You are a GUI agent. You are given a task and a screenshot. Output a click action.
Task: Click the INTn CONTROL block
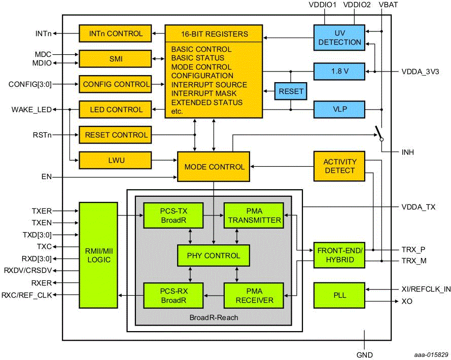coord(115,33)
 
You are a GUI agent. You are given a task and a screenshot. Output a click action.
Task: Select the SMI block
coord(115,59)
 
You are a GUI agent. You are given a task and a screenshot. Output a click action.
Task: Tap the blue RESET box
coord(291,92)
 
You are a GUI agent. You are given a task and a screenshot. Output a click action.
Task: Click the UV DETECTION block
coord(339,38)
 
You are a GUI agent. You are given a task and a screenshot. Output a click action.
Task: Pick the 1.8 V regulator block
coord(339,71)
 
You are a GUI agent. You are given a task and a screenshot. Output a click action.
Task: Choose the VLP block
coord(339,109)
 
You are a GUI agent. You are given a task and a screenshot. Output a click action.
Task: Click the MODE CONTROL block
coord(214,167)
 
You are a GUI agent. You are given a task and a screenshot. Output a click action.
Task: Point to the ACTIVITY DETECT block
coord(339,166)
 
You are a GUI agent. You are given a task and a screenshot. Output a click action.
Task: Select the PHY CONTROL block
coord(214,256)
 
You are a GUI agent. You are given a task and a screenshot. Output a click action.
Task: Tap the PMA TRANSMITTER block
coord(253,215)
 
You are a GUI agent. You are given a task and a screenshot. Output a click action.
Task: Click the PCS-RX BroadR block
coord(173,296)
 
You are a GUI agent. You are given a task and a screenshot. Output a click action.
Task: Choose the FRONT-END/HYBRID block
coord(339,255)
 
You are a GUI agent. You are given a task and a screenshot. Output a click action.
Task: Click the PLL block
coord(339,295)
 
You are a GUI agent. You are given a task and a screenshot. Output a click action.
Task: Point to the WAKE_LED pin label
coord(32,109)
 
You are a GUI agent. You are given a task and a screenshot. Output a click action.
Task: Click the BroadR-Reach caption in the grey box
coord(213,317)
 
